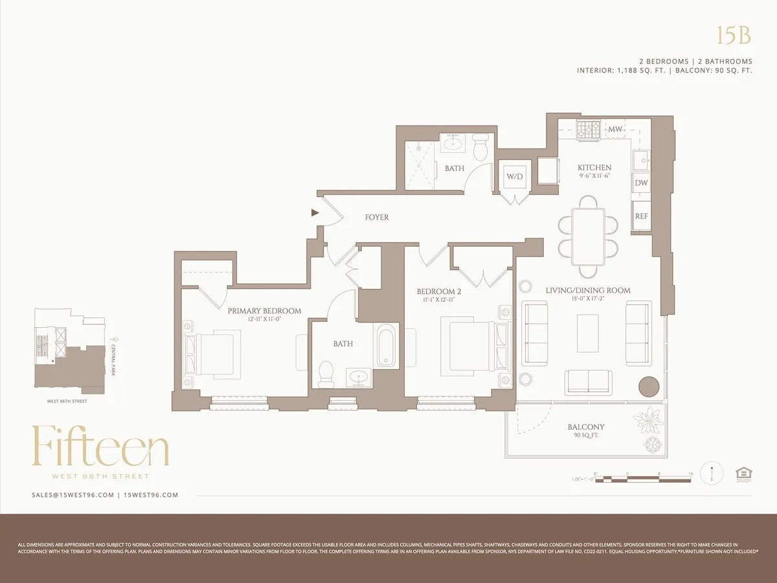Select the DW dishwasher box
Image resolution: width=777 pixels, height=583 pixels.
[641, 183]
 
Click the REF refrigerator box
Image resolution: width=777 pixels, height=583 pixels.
[641, 216]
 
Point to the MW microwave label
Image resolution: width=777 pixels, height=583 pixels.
[615, 129]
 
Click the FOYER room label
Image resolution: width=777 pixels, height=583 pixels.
[377, 218]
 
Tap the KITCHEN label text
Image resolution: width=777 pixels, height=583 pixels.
[594, 168]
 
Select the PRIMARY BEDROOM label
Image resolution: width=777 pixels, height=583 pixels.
[264, 311]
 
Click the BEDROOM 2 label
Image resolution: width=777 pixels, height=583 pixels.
[439, 291]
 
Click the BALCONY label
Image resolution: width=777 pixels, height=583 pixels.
[586, 427]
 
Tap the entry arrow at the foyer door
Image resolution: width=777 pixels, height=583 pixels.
[315, 212]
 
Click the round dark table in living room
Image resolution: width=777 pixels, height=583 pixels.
[649, 387]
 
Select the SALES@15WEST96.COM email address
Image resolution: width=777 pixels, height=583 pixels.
[73, 495]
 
